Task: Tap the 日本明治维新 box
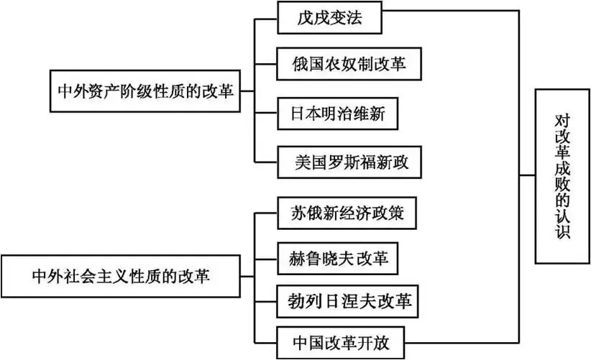[x=336, y=114]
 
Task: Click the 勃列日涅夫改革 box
[x=347, y=301]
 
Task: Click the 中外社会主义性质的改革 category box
[x=121, y=275]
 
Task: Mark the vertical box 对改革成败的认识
[x=562, y=176]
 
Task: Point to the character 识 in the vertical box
[x=562, y=234]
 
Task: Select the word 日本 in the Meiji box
[x=301, y=114]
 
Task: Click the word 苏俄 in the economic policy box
[x=301, y=213]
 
